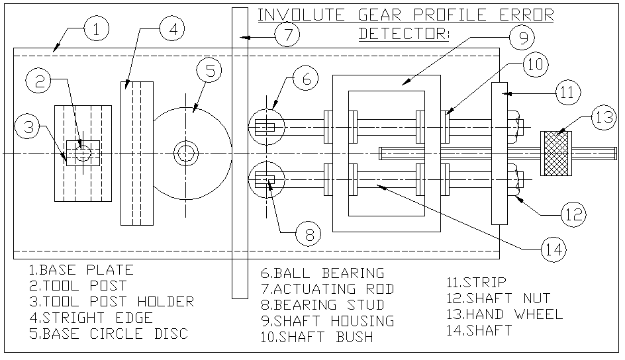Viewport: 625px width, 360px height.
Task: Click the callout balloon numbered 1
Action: click(x=97, y=30)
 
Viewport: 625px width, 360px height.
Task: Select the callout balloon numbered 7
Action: click(x=287, y=35)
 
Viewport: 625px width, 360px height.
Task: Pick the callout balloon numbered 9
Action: click(x=523, y=38)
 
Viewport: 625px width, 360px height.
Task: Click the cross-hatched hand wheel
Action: click(x=557, y=153)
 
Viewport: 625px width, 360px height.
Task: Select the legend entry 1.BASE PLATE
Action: click(x=81, y=270)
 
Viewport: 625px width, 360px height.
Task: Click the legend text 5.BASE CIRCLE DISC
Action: click(x=108, y=334)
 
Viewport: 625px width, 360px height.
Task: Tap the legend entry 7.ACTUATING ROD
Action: click(x=328, y=289)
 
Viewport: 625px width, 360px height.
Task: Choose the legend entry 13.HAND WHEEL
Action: click(x=505, y=314)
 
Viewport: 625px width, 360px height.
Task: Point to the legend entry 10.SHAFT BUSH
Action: click(x=317, y=337)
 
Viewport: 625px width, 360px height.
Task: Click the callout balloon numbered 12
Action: click(x=573, y=214)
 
